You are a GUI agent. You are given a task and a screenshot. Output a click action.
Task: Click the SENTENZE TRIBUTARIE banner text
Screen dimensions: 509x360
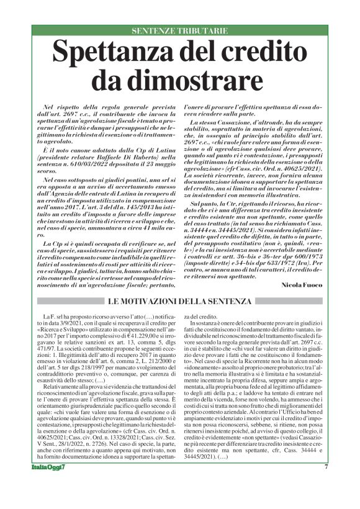[179, 30]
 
